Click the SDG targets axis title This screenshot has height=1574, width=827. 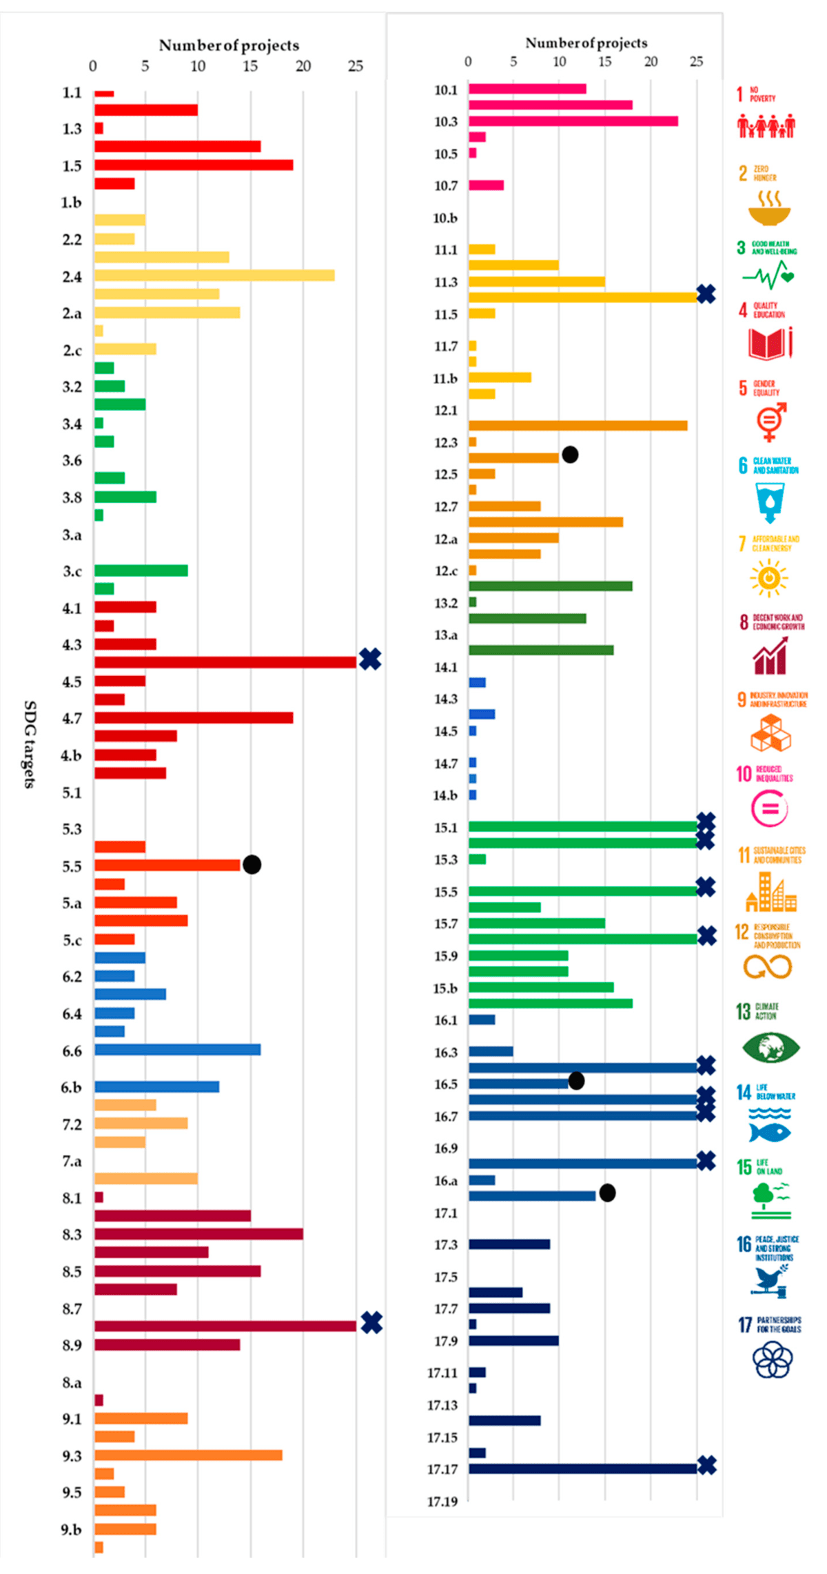tap(30, 744)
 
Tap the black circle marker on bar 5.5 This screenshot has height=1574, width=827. tap(252, 864)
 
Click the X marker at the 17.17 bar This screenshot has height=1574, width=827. tap(706, 1465)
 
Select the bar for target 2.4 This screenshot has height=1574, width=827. tap(214, 276)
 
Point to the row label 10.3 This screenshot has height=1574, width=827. tap(445, 122)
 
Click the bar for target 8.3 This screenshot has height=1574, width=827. tap(198, 1234)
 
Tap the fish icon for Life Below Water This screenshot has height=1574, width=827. tap(769, 1132)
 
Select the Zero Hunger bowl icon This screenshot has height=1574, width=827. tap(769, 209)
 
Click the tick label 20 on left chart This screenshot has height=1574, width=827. tap(303, 66)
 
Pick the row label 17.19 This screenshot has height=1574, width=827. tap(442, 1502)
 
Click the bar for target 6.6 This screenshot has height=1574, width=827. tap(177, 1050)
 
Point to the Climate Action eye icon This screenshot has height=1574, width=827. tap(770, 1048)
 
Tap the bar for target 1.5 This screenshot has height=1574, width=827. tap(193, 165)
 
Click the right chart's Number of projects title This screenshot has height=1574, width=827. tap(586, 43)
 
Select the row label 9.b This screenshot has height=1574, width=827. tap(71, 1529)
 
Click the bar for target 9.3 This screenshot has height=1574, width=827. tap(187, 1455)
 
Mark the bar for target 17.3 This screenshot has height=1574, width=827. tap(509, 1244)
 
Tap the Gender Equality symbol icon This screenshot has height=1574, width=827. tap(770, 421)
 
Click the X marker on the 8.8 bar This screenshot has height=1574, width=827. tap(371, 1322)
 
